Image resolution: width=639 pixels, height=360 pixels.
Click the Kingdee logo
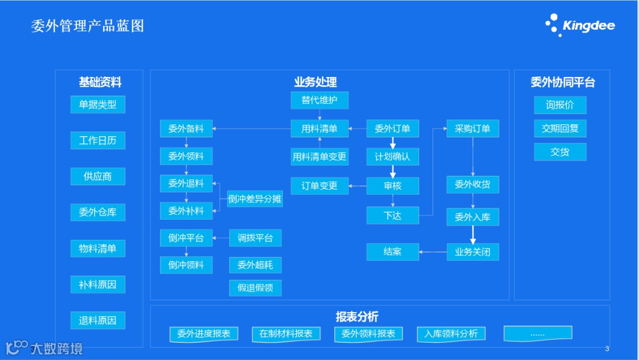(580, 25)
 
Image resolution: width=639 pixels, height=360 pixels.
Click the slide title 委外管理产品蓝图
(88, 26)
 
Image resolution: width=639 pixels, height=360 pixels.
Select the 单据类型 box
(98, 105)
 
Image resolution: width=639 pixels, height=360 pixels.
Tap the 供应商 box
(98, 176)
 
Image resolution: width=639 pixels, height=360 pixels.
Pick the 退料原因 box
(98, 320)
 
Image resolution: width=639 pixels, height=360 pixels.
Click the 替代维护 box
(319, 100)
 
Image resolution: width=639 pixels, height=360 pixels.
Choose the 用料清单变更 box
(319, 157)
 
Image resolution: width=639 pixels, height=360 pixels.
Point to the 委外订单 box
(392, 128)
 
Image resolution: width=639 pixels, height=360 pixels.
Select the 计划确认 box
(392, 157)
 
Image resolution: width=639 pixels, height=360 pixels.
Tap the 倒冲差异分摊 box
(255, 199)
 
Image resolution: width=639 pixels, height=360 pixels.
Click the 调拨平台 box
(255, 238)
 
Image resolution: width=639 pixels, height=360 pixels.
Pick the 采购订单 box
(472, 128)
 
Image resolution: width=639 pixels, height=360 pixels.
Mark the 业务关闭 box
(472, 252)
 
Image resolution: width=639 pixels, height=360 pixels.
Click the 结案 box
(392, 252)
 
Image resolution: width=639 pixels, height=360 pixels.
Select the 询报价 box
(560, 105)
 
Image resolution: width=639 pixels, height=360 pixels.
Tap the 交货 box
(560, 152)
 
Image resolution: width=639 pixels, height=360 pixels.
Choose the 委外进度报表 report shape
(204, 333)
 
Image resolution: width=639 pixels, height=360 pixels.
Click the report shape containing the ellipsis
(537, 333)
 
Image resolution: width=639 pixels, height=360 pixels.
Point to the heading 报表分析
(357, 317)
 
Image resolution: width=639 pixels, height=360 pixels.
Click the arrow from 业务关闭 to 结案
(433, 252)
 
